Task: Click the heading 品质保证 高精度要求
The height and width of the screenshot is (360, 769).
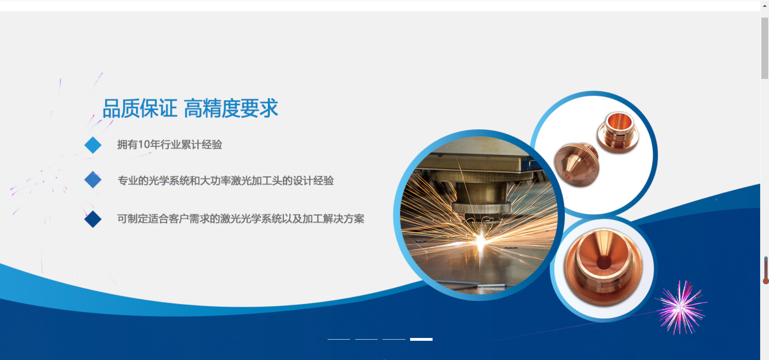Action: coord(190,108)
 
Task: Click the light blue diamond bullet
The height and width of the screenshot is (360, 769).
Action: coord(93,145)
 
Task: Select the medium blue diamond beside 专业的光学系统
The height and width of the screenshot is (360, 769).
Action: coord(93,180)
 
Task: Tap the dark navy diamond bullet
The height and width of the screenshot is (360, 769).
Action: coord(93,219)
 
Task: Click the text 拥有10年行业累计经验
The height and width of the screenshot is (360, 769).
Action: coord(169,145)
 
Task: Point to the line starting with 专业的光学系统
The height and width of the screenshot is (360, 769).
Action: coord(225,181)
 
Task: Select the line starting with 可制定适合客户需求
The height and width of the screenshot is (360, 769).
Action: coord(241,219)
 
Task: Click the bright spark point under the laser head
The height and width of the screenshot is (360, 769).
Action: coord(481,240)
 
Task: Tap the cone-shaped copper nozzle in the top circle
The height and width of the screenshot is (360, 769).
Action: coord(577,164)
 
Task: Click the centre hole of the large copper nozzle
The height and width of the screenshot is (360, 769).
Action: coord(604,263)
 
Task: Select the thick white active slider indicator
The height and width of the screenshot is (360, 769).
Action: coord(421,339)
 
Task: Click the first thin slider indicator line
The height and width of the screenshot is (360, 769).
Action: coord(339,339)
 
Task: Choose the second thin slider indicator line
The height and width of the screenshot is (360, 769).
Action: coord(366,339)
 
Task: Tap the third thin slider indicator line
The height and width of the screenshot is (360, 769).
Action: coord(394,339)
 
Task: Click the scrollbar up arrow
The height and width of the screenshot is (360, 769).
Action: coord(765,6)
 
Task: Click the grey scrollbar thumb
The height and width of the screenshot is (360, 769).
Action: coord(765,48)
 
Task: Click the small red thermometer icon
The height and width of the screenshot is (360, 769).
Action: coord(766,270)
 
